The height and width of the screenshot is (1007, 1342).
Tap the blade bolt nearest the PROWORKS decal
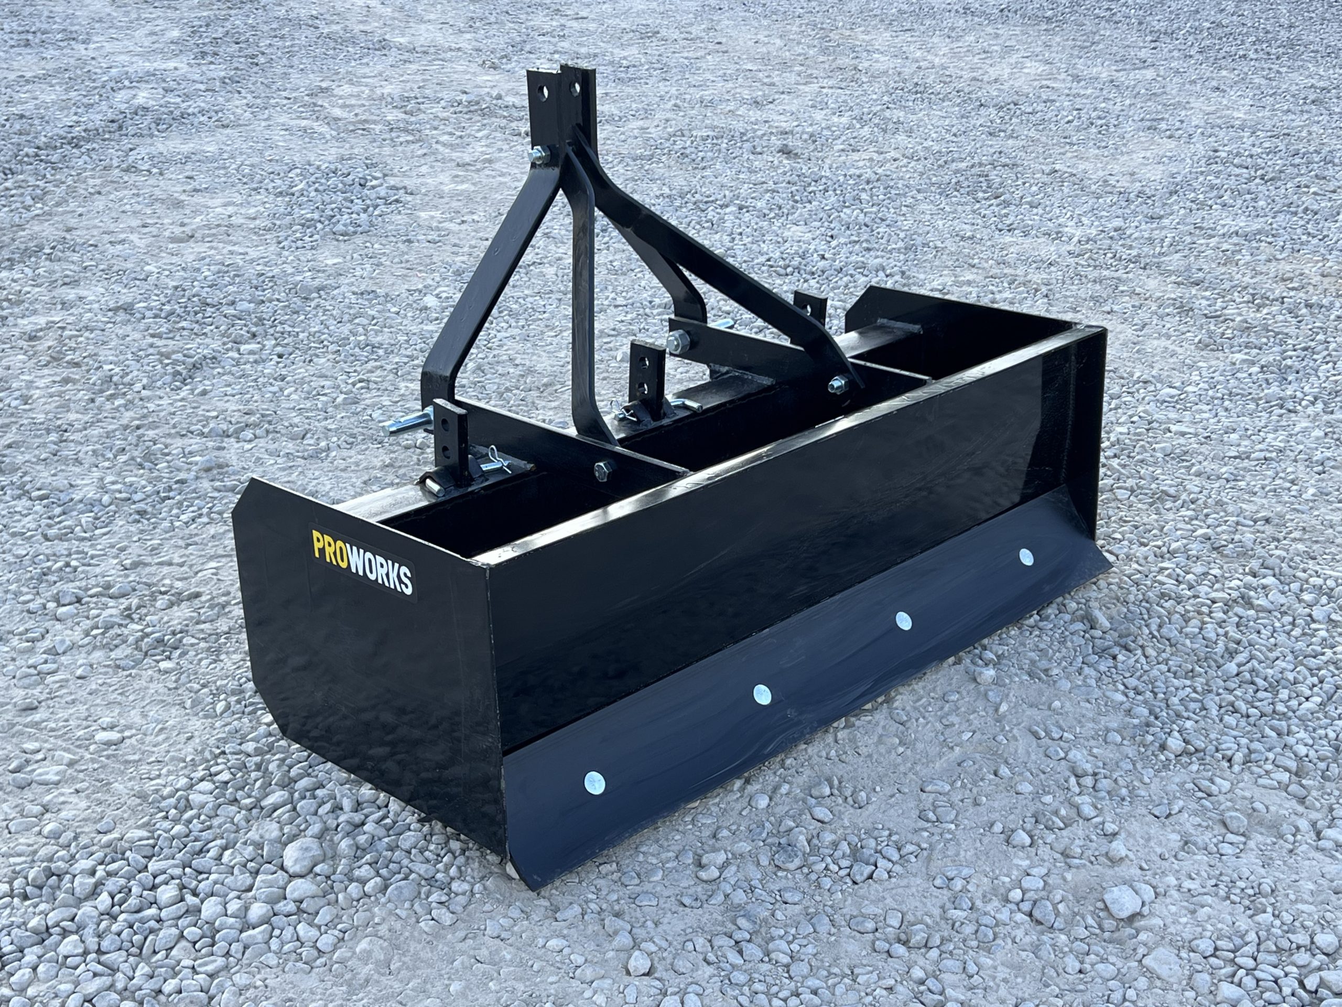pyautogui.click(x=594, y=783)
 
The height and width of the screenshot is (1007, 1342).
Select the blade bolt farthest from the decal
pyautogui.click(x=1026, y=556)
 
